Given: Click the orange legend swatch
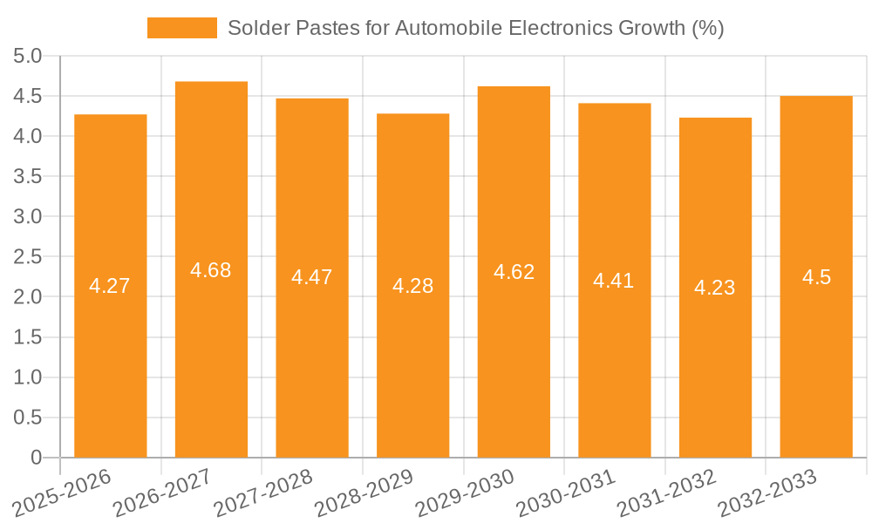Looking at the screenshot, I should click(181, 28).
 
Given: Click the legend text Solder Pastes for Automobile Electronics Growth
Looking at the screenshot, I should click(475, 28).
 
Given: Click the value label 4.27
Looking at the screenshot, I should click(110, 286).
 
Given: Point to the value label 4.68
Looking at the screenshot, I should click(211, 270).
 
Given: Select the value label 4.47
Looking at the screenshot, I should click(312, 277).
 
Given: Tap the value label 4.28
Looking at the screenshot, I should click(412, 286).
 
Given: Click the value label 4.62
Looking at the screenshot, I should click(514, 272).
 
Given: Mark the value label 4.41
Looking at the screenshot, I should click(614, 281).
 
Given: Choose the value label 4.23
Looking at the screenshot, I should click(715, 288).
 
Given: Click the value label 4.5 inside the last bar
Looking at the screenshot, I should click(816, 277).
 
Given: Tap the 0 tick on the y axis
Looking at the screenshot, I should click(36, 458).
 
